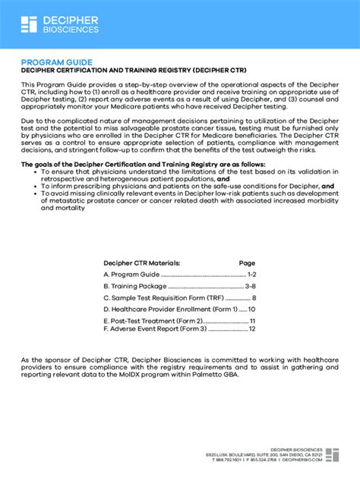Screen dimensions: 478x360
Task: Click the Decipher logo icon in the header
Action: pos(29,24)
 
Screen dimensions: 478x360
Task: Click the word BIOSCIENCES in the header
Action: pos(70,30)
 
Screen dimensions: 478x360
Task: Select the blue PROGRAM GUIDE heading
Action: pos(57,62)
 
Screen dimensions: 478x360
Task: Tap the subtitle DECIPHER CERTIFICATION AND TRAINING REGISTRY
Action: pos(133,71)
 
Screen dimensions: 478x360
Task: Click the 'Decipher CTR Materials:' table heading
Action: pos(142,263)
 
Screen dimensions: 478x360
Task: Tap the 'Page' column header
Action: pos(247,263)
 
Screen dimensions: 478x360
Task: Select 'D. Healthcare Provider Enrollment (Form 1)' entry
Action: pos(171,310)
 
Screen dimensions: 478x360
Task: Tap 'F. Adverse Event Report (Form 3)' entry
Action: pos(155,329)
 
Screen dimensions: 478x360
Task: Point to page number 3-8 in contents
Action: pos(250,286)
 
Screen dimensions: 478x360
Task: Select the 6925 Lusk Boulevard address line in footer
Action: pos(264,454)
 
